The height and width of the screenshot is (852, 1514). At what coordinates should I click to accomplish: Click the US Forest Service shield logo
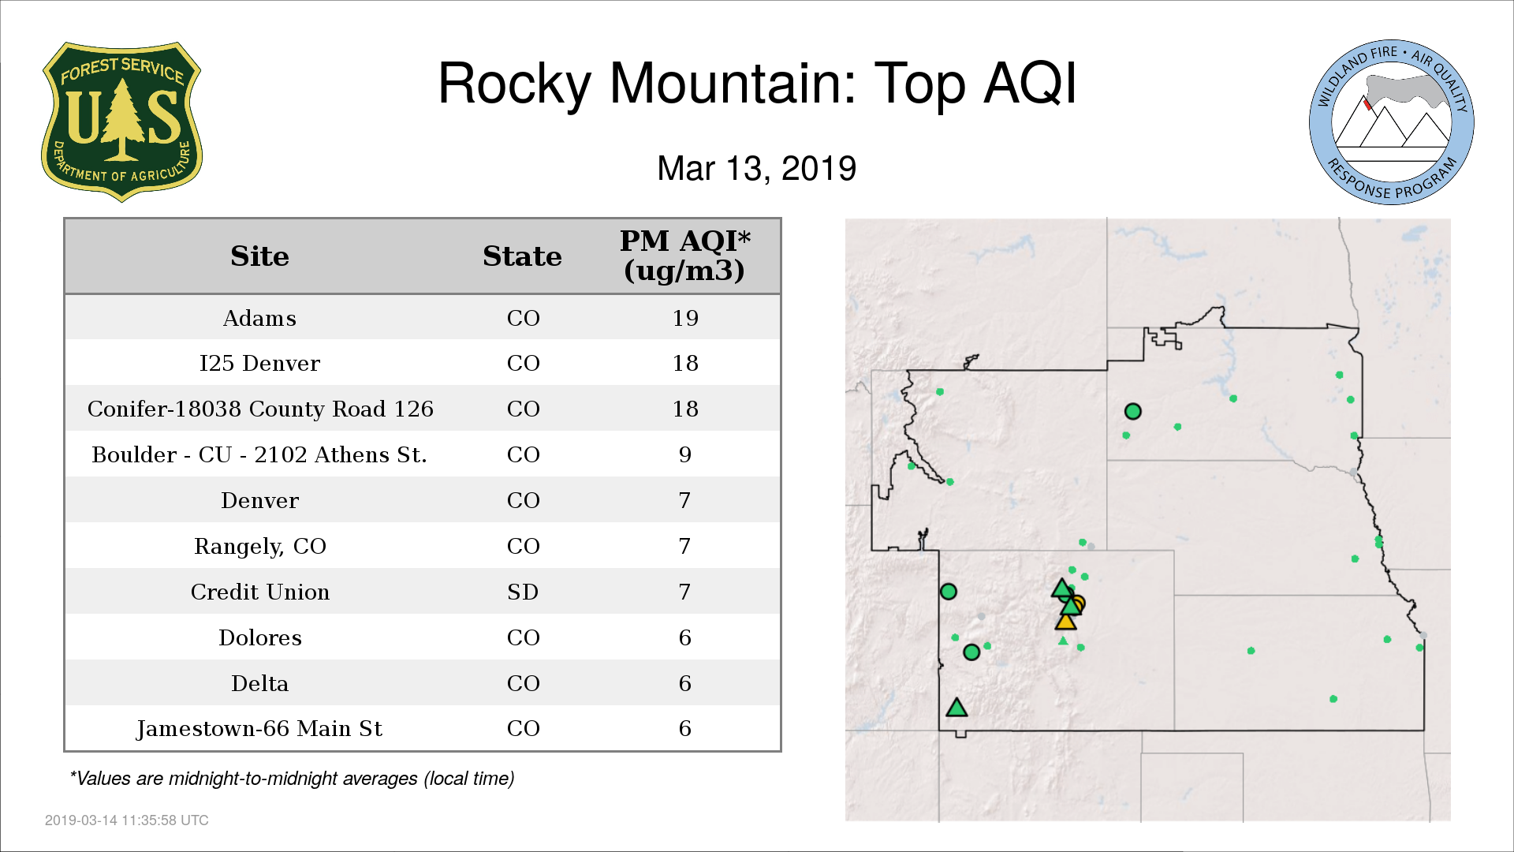coord(121,121)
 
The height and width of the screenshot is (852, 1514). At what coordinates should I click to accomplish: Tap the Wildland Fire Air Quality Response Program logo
coord(1391,122)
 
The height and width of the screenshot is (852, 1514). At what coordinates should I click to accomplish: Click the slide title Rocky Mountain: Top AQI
coord(757,84)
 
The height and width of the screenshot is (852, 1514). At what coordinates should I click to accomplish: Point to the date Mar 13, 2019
coord(757,168)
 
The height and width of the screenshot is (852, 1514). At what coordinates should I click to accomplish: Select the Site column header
coord(259,256)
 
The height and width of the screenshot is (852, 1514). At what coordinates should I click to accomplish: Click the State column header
coord(522,256)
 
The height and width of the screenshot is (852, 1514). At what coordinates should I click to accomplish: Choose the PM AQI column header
coord(684,256)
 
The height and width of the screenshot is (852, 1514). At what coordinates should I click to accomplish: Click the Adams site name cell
coord(259,318)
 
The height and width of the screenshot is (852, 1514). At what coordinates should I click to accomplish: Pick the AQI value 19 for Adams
coord(685,318)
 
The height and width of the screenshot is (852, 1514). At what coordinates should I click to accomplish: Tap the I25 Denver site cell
coord(259,363)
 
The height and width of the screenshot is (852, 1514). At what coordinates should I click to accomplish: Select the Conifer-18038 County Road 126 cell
coord(260,409)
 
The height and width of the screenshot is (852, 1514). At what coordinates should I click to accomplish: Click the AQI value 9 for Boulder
coord(685,454)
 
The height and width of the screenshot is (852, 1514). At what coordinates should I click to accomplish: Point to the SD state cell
coord(523,592)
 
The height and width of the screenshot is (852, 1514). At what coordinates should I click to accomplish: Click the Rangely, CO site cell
coord(260,546)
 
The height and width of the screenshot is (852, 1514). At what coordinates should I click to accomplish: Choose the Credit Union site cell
coord(260,592)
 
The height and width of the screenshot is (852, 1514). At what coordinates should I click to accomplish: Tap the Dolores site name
coord(260,637)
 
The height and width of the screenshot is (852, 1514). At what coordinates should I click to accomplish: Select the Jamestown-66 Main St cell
coord(259,728)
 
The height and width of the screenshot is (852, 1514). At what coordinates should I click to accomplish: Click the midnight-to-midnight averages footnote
coord(292,779)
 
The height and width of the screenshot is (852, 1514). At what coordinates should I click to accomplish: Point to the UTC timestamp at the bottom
coord(127,820)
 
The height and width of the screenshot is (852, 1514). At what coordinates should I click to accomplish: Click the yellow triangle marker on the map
coord(1066,622)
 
